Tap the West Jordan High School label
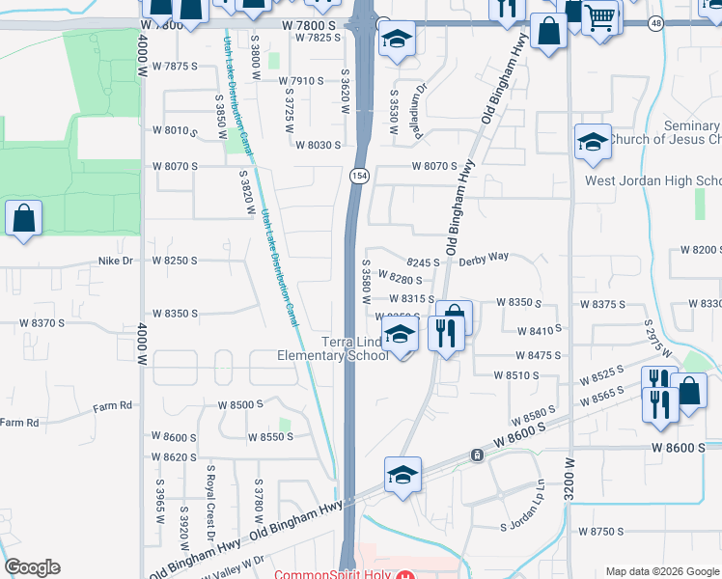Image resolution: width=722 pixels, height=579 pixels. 653,181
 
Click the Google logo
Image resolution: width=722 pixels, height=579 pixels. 32,567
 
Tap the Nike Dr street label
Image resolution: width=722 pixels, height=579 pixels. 121,261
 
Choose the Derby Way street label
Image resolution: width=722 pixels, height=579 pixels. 484,259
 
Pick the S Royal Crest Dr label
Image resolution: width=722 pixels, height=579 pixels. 208,492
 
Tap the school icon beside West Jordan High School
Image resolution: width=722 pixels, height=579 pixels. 592,143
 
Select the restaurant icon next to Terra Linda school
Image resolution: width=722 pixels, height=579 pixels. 445,334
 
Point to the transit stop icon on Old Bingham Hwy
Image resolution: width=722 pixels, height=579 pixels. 476,455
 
